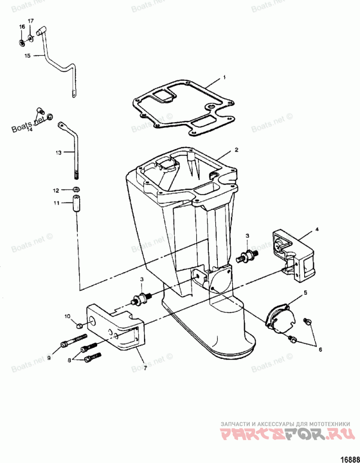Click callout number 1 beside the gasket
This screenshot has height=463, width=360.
224,78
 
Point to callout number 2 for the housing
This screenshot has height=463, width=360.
236,149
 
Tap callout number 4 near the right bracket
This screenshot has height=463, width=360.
317,229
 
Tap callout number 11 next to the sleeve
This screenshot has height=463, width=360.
56,203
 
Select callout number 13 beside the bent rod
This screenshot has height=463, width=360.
58,153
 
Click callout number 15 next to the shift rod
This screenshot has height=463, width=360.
27,56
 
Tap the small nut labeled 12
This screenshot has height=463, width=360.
77,189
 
